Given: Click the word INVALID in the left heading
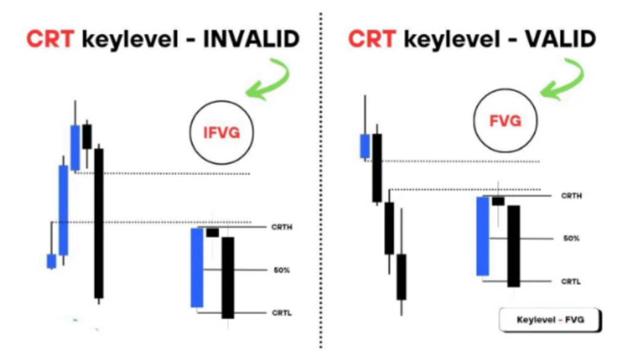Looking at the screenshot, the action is (251, 39).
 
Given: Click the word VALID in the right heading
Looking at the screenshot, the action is (560, 39).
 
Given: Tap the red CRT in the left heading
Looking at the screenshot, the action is (50, 39).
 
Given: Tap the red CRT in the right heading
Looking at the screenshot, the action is (372, 39).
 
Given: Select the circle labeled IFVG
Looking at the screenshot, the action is (221, 132).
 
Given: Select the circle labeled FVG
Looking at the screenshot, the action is (505, 121).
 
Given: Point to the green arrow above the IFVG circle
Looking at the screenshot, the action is (268, 79).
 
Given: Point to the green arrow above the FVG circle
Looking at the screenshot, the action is (562, 78).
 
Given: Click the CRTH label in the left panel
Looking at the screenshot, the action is (282, 228).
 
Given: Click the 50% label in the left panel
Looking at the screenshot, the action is (282, 270).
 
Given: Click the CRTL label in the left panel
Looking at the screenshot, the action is (282, 313).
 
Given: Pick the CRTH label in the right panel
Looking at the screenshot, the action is (572, 196).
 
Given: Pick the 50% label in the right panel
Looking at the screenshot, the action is (572, 239).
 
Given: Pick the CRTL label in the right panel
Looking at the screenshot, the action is (571, 282).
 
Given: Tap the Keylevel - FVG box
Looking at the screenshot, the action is (550, 320).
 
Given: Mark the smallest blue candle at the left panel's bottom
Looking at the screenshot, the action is (52, 261).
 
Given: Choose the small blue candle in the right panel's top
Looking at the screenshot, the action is (365, 146).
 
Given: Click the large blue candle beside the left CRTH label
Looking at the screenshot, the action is (197, 268).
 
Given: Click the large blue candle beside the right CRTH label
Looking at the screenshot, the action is (482, 236).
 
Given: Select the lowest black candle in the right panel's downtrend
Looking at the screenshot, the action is (401, 277).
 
